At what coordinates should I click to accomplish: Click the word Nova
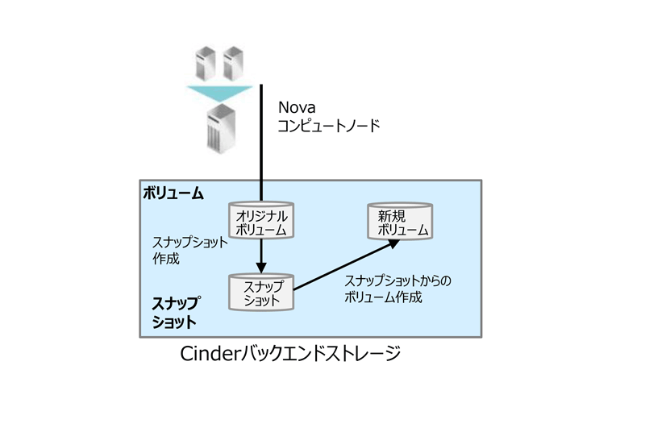point(297,107)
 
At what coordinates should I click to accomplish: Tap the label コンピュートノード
point(329,126)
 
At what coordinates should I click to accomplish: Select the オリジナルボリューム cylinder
point(261,220)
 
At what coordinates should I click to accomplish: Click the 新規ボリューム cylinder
point(400,221)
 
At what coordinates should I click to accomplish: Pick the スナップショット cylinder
point(261,292)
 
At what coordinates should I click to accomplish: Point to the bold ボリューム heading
point(173,193)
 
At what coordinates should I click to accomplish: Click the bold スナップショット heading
point(176,313)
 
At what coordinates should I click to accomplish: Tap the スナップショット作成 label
point(190,250)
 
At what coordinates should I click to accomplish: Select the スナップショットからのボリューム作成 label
point(397,289)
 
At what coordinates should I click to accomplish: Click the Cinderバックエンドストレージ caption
point(290,354)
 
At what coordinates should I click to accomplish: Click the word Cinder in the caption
point(210,354)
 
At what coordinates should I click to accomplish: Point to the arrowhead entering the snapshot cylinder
point(261,268)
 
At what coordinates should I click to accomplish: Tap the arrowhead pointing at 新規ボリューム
point(393,243)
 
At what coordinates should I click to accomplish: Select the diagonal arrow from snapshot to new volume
point(346,264)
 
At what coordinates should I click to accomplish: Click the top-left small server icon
point(206,63)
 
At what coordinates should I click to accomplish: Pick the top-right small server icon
point(233,63)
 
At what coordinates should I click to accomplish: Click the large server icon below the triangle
point(221,129)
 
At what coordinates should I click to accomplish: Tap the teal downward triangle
point(219,93)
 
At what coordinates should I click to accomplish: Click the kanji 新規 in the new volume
point(392,216)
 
